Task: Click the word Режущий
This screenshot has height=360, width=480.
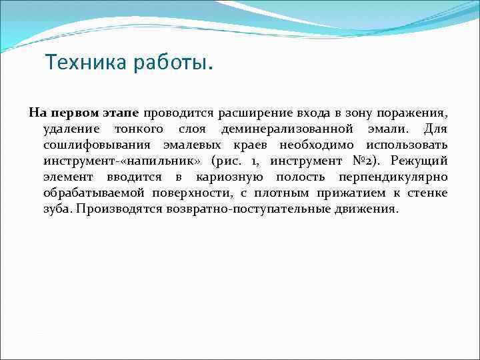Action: (419, 161)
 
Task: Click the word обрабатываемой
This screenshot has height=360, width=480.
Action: (91, 193)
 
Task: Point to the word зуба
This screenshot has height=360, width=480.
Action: (58, 209)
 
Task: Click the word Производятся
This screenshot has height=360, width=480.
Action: (121, 209)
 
